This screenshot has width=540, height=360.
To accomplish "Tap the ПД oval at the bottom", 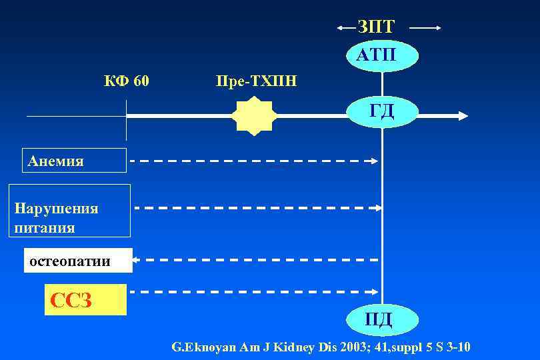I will tap(377, 319).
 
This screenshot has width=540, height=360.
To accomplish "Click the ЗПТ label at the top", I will tap(377, 27).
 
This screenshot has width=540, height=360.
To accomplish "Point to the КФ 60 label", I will tap(126, 81).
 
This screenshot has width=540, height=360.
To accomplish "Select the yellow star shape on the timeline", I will tap(253, 116).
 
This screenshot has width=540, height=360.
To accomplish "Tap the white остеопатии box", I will tap(78, 261).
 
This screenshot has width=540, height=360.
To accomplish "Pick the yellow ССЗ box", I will tap(85, 300).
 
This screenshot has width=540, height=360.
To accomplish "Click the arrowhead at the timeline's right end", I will tap(461, 116).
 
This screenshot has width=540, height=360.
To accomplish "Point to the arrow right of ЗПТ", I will tap(425, 28).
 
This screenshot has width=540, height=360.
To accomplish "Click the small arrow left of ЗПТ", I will tap(347, 28).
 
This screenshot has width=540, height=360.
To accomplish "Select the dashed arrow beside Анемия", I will tap(253, 161).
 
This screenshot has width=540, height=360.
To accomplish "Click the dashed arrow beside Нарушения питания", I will tap(257, 208).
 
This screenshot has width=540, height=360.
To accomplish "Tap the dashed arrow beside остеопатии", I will tap(257, 259).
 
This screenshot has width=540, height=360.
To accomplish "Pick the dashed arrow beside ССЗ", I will tap(253, 292).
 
